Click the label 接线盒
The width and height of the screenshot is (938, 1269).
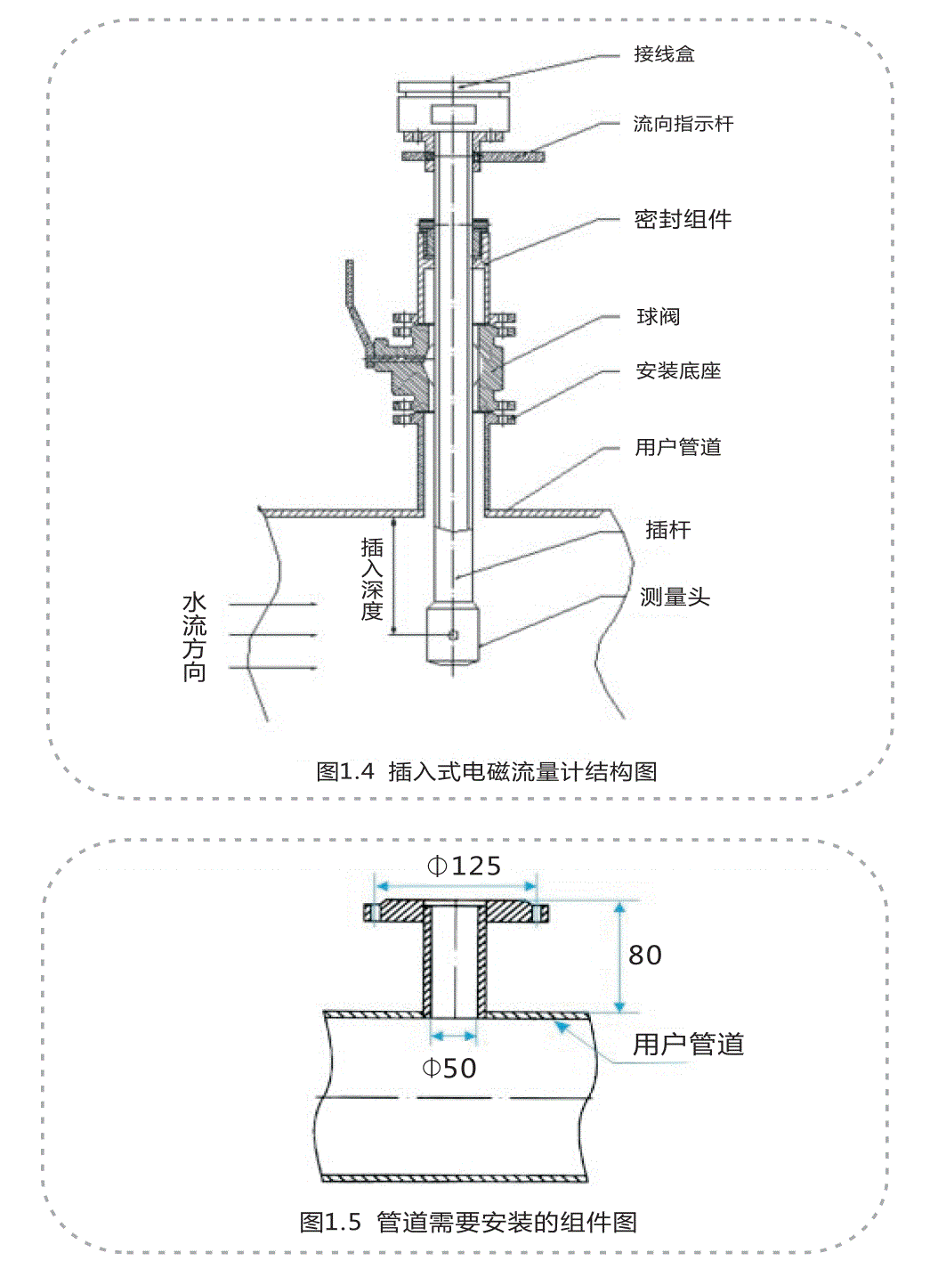click(x=664, y=54)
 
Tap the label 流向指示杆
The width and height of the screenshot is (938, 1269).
click(x=683, y=124)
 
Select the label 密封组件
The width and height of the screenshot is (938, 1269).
click(x=683, y=219)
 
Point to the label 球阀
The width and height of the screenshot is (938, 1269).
click(x=659, y=317)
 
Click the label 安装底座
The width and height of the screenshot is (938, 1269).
click(x=678, y=370)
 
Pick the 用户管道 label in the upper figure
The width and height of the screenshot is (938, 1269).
click(x=678, y=447)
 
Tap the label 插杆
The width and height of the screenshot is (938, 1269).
click(x=667, y=530)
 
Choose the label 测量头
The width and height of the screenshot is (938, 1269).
click(x=675, y=597)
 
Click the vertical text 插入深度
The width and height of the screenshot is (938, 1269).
click(x=372, y=579)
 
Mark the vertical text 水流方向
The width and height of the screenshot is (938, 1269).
click(x=194, y=638)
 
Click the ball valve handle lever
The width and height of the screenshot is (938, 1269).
click(x=352, y=303)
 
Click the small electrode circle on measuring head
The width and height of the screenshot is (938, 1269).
click(x=453, y=634)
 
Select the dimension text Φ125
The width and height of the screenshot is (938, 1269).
click(x=464, y=866)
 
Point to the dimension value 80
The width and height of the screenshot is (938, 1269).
click(x=645, y=956)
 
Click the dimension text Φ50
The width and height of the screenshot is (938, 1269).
click(x=449, y=1068)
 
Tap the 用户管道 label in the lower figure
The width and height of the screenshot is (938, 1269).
click(x=688, y=1044)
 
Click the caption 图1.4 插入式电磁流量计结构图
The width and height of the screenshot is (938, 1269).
click(x=487, y=771)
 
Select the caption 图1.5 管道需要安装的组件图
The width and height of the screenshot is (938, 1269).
click(x=468, y=1222)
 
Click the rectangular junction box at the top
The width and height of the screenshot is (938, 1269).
click(x=454, y=110)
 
